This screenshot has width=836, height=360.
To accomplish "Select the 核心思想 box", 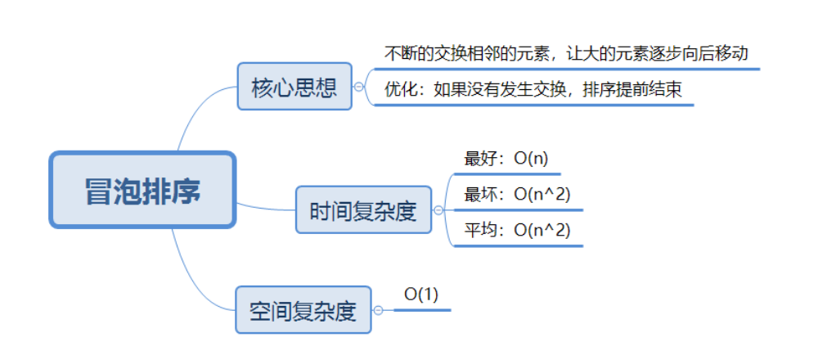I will pyautogui.click(x=294, y=86).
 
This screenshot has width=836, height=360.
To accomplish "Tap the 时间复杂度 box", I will pyautogui.click(x=363, y=209).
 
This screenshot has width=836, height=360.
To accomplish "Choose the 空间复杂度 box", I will pyautogui.click(x=303, y=309).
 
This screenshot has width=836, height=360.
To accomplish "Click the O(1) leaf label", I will pyautogui.click(x=421, y=294).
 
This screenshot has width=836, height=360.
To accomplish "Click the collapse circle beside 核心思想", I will pyautogui.click(x=358, y=86).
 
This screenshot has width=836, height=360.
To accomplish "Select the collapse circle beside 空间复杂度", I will pyautogui.click(x=377, y=310).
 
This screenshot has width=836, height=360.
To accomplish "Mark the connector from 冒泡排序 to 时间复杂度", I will pyautogui.click(x=266, y=207).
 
